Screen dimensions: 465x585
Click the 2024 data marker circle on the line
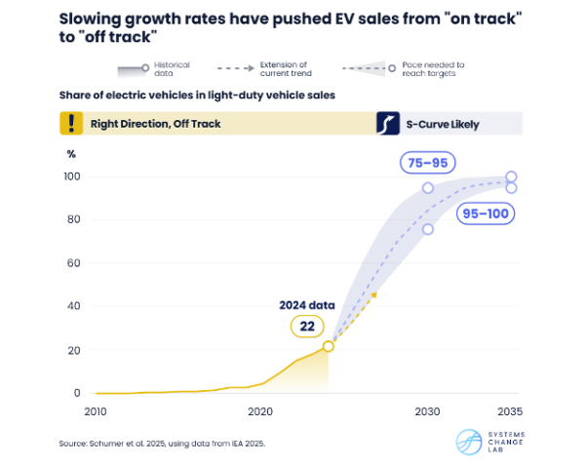tap(329, 346)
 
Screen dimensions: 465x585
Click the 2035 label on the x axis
tap(507, 412)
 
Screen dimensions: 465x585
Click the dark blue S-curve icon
tap(388, 123)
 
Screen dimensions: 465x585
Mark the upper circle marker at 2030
tap(428, 187)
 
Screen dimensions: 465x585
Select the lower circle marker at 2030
tap(428, 229)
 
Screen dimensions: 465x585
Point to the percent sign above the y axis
tap(70, 154)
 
